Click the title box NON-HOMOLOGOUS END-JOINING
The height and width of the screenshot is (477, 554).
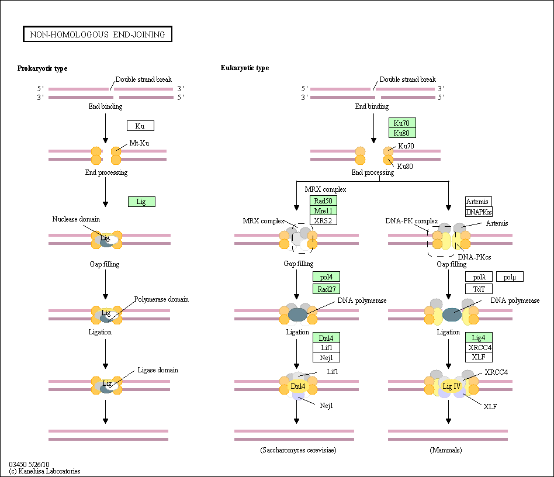[x=98, y=34]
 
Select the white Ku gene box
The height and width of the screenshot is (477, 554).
[x=141, y=126]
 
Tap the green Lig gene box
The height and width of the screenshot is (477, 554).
[x=141, y=202]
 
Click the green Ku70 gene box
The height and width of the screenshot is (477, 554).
[x=402, y=123]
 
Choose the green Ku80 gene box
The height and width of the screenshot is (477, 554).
[x=402, y=133]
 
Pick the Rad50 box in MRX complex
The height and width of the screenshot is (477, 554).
[x=323, y=201]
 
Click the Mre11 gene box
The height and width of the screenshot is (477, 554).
[x=323, y=210]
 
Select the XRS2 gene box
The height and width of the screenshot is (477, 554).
[x=323, y=220]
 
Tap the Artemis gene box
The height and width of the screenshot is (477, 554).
[x=479, y=202]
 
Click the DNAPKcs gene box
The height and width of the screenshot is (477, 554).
[x=479, y=212]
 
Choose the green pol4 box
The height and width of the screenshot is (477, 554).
[x=326, y=276]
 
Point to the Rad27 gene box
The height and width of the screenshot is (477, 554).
[x=326, y=289]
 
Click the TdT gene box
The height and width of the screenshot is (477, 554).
[x=479, y=289]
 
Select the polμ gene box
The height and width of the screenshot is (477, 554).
[x=510, y=276]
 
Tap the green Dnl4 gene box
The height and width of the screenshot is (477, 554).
[x=326, y=337]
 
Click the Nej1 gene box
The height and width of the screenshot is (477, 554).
[x=326, y=357]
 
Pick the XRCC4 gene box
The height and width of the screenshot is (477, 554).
[x=479, y=347]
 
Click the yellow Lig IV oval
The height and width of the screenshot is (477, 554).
[x=452, y=386]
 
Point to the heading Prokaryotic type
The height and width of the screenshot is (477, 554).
[x=43, y=68]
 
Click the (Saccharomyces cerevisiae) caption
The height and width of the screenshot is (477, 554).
[x=298, y=450]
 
